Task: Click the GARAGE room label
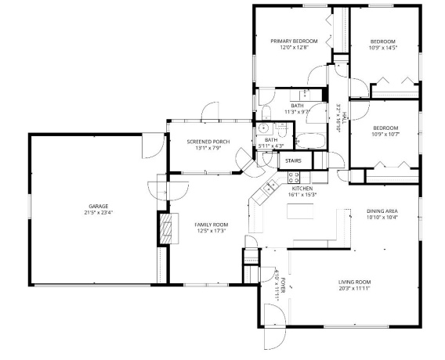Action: (97, 206)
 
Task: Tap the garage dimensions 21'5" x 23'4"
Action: (97, 212)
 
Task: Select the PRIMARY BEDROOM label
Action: (294, 41)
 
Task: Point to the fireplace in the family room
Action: (165, 230)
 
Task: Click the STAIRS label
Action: (293, 160)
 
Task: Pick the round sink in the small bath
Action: (264, 128)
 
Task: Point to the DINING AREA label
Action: (382, 211)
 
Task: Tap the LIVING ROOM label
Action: (354, 282)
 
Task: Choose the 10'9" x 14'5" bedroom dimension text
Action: (383, 48)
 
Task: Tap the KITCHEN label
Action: (302, 189)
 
